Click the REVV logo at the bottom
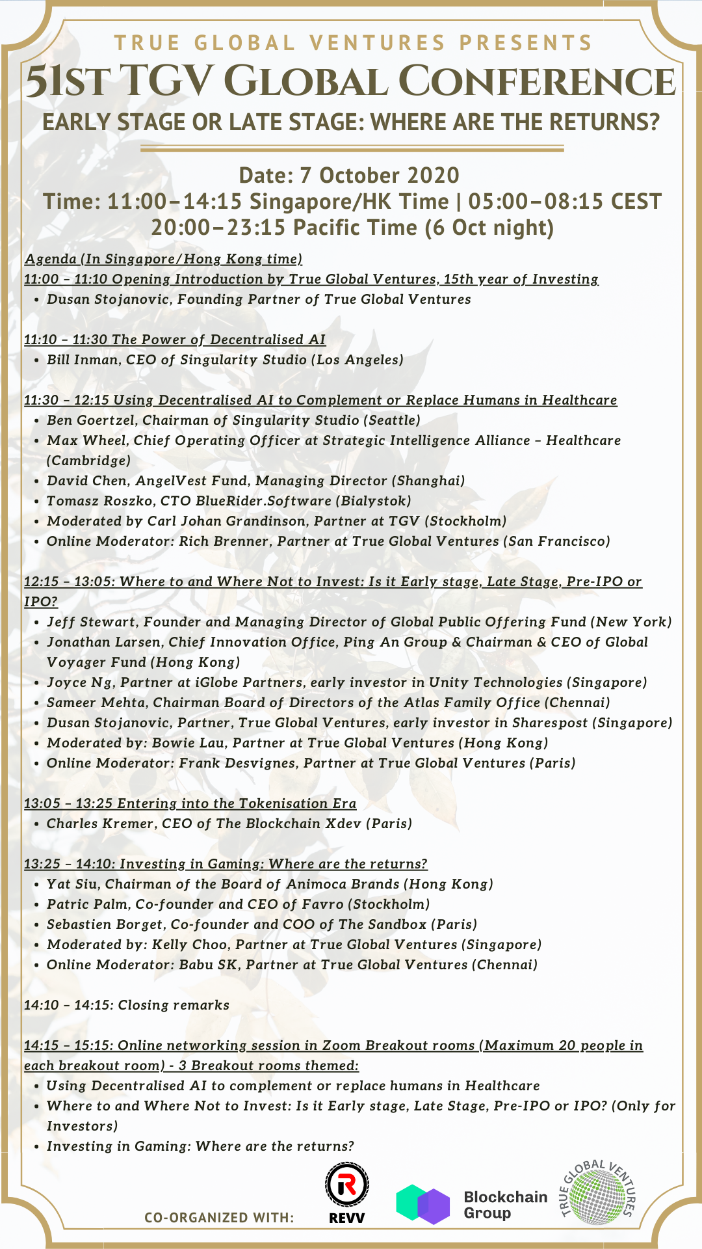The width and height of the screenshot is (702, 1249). click(346, 1192)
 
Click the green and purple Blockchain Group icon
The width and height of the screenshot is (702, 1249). click(423, 1204)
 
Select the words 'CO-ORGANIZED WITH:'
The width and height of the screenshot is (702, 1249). click(219, 1218)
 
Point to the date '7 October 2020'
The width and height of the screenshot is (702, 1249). click(379, 176)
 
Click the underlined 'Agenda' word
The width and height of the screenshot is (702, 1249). click(51, 259)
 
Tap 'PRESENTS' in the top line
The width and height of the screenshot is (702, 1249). click(526, 43)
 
